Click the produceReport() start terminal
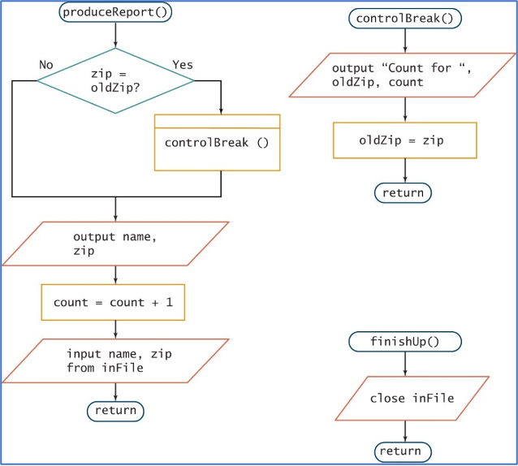tap(116, 13)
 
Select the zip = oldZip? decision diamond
tap(115, 80)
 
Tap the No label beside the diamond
tap(46, 64)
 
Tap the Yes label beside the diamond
tap(183, 64)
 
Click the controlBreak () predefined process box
tap(217, 142)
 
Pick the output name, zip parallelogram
tap(115, 244)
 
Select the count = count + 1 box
tap(113, 303)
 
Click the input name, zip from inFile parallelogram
tap(115, 360)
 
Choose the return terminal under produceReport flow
tap(115, 411)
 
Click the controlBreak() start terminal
tap(404, 18)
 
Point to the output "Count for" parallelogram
tap(404, 76)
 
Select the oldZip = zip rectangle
tap(404, 140)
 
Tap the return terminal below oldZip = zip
tap(403, 192)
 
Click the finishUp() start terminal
tap(404, 342)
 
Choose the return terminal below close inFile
tap(403, 451)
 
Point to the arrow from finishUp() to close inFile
tap(404, 364)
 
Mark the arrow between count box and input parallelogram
tap(115, 329)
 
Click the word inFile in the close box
tap(434, 398)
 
